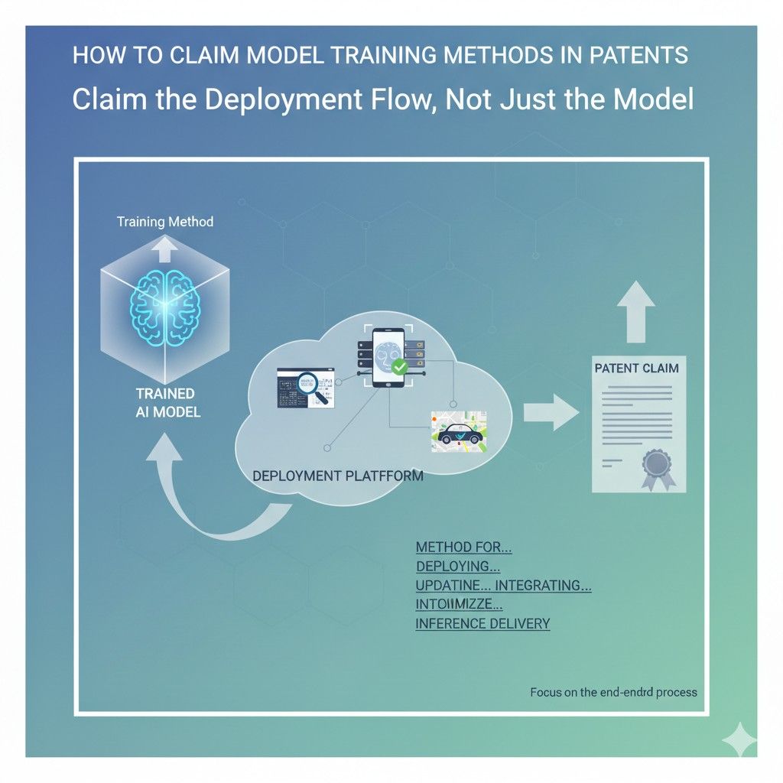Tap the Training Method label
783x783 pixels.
coord(164,223)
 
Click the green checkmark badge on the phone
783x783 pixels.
coord(398,367)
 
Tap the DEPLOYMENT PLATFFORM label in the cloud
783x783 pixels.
coord(337,475)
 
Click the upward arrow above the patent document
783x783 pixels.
coord(635,310)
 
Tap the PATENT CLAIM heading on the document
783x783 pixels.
coord(636,369)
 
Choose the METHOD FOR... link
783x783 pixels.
coord(463,547)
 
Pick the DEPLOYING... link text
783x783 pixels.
coord(458,567)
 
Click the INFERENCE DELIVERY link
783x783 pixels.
coord(482,623)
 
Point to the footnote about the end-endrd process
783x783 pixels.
coord(613,692)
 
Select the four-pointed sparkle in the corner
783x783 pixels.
coord(739,739)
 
